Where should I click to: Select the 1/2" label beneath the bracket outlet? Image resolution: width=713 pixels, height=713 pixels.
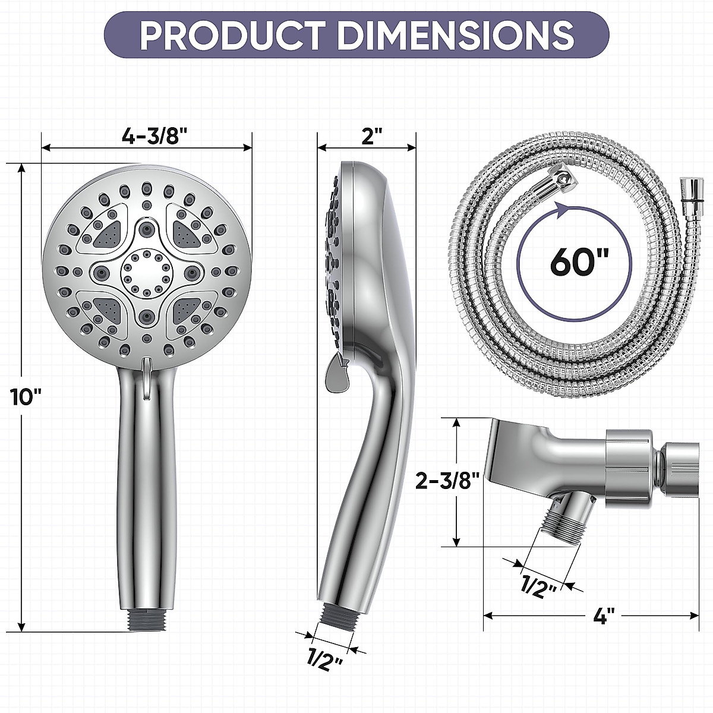[539, 587]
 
